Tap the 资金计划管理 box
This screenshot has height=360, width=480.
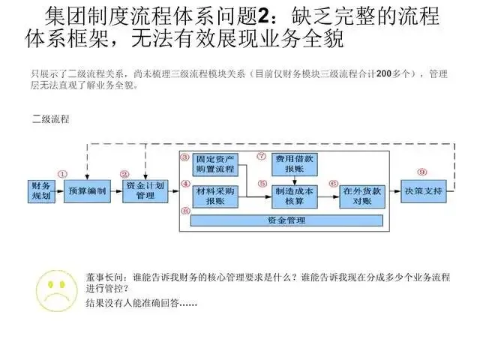tap(145, 191)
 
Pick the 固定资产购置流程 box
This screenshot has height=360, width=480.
tap(214, 164)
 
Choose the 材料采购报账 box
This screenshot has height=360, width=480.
tap(214, 196)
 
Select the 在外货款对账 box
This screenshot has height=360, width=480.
tap(358, 196)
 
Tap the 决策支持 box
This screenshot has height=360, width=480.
tap(421, 191)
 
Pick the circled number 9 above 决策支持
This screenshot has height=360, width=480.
tap(421, 172)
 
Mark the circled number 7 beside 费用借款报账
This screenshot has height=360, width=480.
tap(261, 157)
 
